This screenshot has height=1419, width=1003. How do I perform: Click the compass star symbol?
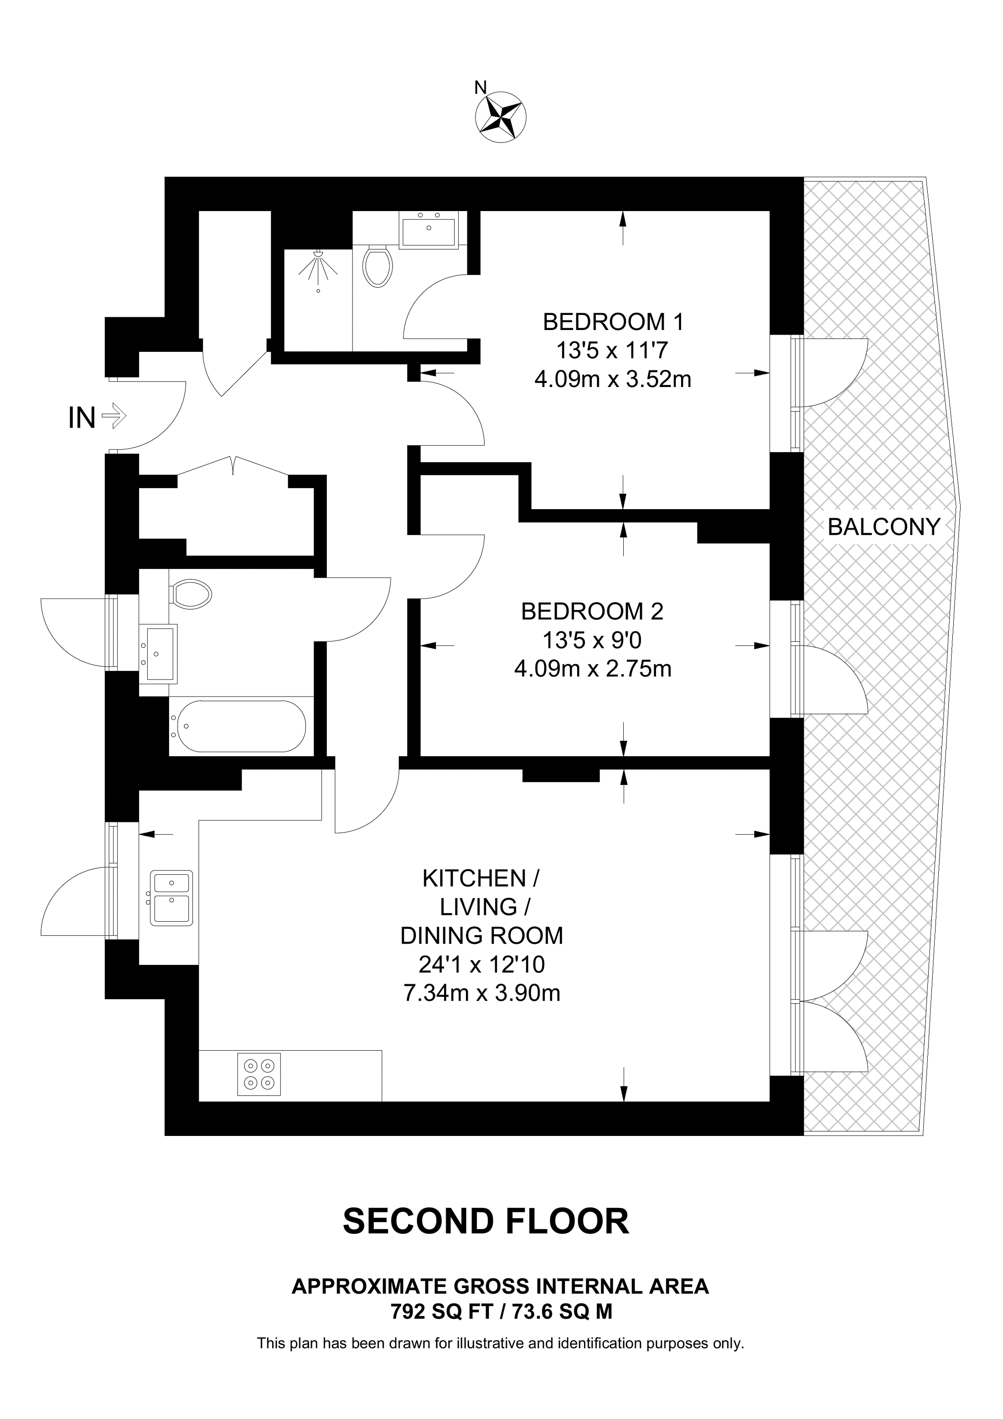(501, 118)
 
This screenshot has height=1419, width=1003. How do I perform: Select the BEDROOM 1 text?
(613, 322)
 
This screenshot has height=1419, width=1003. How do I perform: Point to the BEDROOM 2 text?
(592, 611)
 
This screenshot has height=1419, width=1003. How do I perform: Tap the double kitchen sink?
(172, 898)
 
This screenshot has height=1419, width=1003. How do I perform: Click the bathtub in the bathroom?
(238, 726)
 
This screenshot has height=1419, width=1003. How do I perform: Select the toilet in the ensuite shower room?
(377, 266)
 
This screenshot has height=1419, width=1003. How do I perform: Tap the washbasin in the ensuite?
(429, 230)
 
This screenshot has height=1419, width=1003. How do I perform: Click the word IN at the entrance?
(82, 418)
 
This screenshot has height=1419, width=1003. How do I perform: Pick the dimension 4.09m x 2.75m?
(592, 669)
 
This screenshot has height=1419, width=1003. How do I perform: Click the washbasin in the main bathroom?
(160, 653)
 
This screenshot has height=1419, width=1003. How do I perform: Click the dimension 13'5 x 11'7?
(612, 351)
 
